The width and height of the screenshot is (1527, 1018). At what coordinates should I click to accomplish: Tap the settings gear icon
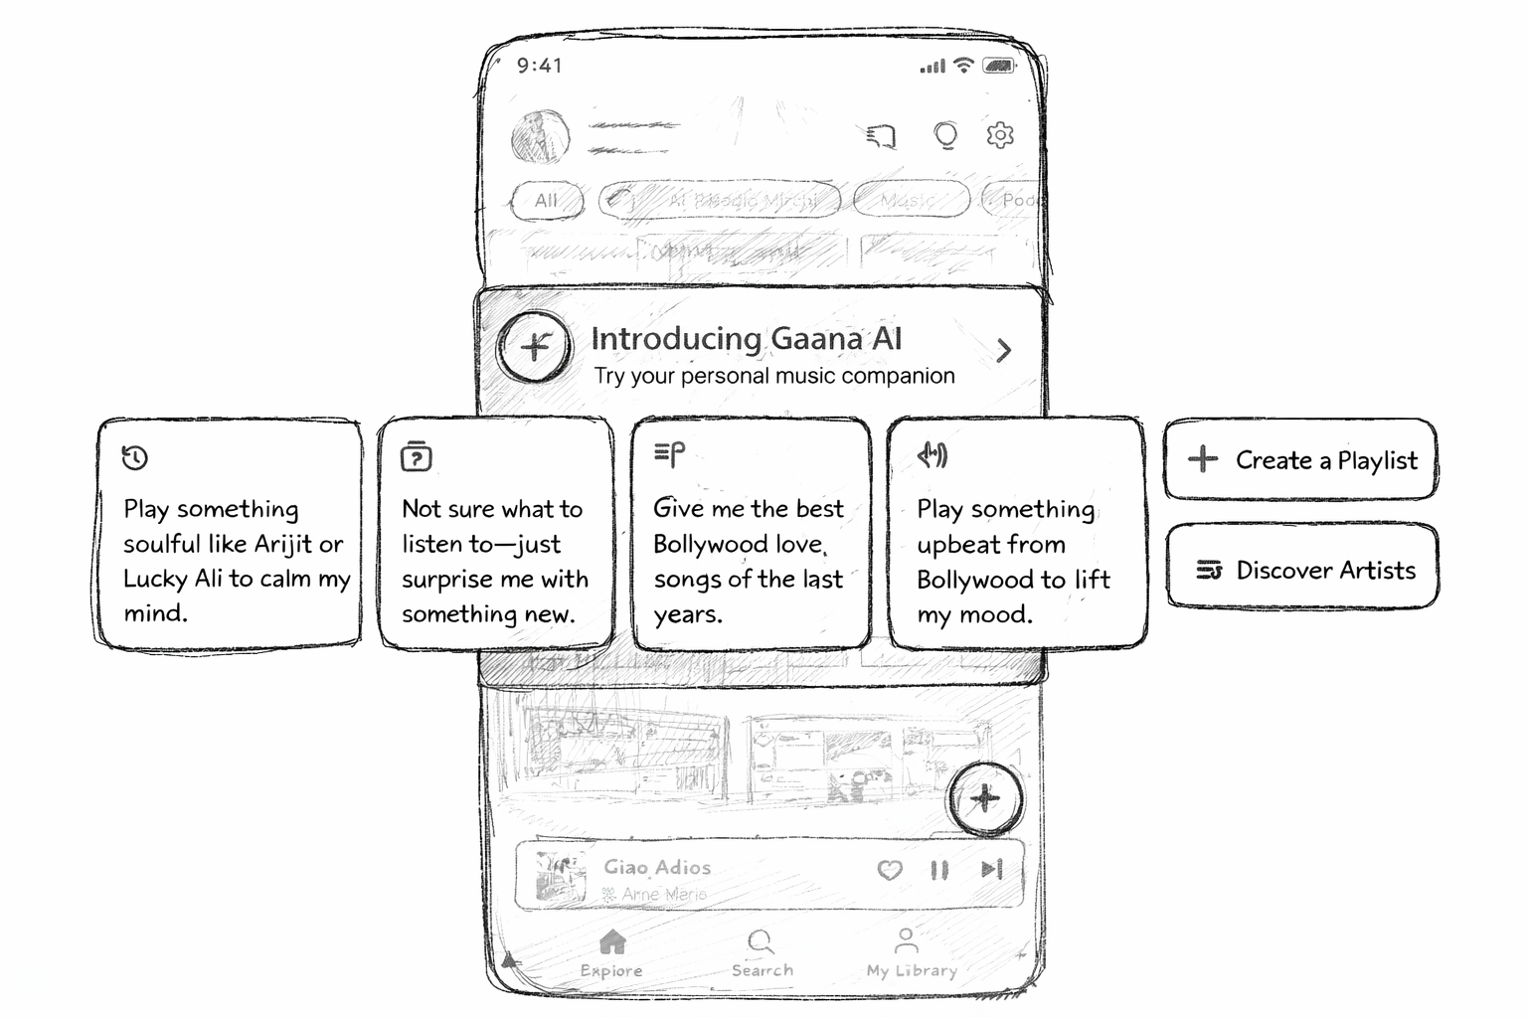pos(1000,134)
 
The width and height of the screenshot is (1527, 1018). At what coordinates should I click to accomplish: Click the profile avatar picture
pos(540,137)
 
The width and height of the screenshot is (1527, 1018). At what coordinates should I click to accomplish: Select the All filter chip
pos(546,200)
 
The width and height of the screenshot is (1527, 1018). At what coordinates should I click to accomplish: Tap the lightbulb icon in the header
pos(945,135)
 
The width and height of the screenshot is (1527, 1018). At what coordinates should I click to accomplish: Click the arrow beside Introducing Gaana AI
pos(1004,350)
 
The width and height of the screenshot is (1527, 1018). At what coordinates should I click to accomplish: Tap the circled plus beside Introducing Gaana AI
pos(535,346)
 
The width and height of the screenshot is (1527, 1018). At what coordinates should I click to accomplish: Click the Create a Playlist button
pos(1300,459)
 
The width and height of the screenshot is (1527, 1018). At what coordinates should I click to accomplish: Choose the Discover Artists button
pos(1302,569)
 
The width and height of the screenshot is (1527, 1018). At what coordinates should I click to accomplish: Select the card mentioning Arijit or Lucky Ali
pos(230,535)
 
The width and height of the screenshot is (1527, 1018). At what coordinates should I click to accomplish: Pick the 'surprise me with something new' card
pos(495,535)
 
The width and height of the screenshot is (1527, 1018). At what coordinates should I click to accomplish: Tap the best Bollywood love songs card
pos(751,535)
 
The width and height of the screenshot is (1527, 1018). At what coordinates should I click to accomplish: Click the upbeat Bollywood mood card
pos(1015,535)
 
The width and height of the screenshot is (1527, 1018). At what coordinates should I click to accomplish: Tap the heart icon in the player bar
pos(890,871)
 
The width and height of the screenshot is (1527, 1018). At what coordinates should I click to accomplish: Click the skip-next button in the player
pos(991,870)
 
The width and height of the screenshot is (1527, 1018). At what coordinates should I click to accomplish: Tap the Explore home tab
pos(611,952)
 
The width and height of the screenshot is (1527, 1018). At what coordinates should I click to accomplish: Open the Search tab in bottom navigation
pos(762,952)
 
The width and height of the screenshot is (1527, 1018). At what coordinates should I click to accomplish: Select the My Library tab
pos(910,952)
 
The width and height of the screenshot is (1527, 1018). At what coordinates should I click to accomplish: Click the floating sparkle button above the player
pos(984,798)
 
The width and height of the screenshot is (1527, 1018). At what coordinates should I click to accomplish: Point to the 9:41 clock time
pos(540,66)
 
